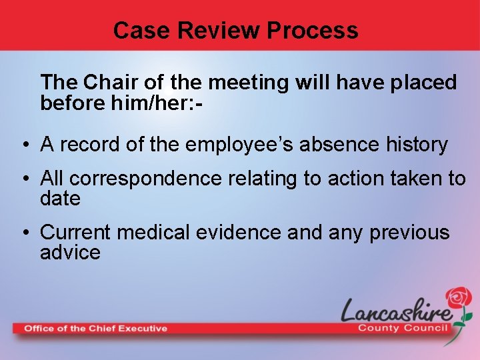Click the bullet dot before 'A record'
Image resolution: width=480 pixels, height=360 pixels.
point(23,145)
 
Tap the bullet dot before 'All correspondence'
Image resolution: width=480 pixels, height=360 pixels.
point(23,179)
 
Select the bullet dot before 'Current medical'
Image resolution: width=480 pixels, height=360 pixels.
point(23,233)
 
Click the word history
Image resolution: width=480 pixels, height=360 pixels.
point(416,144)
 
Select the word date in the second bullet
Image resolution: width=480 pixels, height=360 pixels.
point(60,199)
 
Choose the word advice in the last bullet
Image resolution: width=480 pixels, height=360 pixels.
point(70,253)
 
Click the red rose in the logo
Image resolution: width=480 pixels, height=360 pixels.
point(459,298)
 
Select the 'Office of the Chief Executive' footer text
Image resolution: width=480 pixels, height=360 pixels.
point(95,328)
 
